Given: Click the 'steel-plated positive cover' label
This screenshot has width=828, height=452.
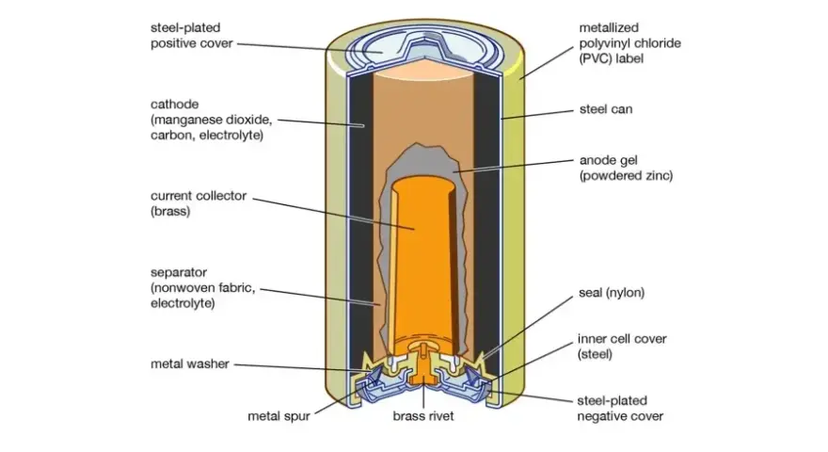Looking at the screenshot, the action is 192,36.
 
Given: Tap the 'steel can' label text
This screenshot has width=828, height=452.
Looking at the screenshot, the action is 606,109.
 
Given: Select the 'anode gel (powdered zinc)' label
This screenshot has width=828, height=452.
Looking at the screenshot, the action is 627,168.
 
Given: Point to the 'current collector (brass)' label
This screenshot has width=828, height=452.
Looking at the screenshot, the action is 199,203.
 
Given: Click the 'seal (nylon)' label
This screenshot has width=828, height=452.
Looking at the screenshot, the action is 612,293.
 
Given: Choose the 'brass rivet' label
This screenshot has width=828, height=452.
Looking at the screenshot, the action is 423,416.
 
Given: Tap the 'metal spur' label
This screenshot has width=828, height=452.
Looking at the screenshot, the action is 279,416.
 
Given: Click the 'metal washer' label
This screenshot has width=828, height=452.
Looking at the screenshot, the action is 190,363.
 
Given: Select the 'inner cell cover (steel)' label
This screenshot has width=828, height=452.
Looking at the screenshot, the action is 622,347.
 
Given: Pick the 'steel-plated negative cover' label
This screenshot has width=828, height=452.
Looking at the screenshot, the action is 620,408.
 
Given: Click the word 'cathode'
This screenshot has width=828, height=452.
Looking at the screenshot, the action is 175,105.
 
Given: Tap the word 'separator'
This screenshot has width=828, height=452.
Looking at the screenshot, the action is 179,273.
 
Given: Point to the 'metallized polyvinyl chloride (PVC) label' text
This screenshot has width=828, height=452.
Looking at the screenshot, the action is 630,42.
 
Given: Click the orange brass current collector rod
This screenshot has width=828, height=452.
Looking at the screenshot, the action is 421,265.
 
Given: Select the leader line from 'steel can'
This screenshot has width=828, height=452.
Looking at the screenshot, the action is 537,115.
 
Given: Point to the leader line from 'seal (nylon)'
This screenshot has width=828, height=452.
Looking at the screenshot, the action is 529,326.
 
